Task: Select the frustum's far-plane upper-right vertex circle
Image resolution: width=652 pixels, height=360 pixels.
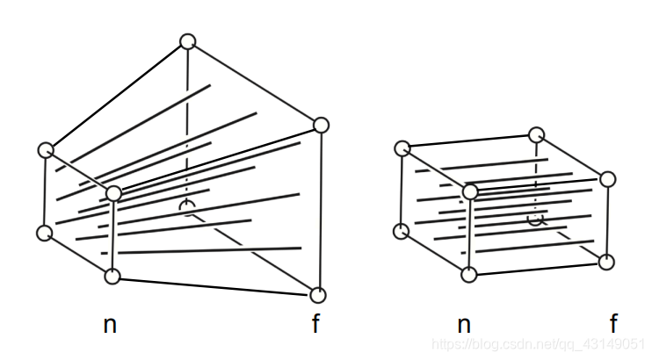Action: coord(320,126)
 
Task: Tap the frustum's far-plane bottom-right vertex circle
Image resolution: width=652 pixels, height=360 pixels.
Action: coord(317,295)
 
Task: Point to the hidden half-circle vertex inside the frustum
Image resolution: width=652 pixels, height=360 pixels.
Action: coord(186,206)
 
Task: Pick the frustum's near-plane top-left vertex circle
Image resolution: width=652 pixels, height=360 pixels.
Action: coord(46,150)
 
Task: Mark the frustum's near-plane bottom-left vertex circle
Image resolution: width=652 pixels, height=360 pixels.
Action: coord(44,233)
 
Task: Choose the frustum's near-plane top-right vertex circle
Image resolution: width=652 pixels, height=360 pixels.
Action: coord(113,193)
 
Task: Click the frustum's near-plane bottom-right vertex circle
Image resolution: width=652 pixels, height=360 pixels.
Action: coord(112,277)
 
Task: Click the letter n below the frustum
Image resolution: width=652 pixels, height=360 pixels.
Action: coord(110,325)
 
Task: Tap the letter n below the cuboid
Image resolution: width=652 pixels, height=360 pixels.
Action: coord(464,325)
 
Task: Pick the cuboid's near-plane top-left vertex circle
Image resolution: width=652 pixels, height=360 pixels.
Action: coord(402,148)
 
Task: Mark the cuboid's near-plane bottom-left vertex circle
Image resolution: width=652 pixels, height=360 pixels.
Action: coord(401,231)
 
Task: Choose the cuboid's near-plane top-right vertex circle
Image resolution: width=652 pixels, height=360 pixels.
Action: coord(470,191)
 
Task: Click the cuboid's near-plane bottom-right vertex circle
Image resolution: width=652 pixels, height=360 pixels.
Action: coord(469,275)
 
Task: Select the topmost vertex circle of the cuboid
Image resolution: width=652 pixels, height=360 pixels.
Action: coord(537,134)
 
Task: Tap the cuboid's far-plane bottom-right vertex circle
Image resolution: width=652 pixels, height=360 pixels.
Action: coord(607,262)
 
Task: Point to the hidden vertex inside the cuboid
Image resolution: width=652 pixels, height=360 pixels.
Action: coord(536,219)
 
